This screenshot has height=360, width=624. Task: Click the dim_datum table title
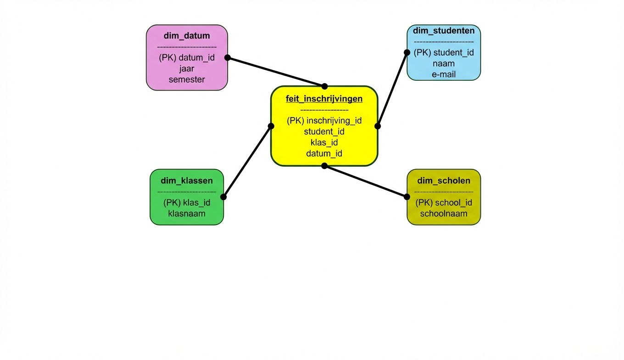(187, 36)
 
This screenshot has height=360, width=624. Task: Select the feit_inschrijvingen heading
(324, 99)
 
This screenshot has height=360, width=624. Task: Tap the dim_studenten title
(444, 31)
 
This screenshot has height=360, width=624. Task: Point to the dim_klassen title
(187, 180)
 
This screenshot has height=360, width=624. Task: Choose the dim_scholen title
(444, 180)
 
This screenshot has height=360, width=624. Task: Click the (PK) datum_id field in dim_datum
(187, 58)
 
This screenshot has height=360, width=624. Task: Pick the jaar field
(187, 69)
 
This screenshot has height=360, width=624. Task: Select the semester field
(187, 79)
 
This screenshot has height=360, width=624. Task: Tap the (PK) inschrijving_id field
(324, 121)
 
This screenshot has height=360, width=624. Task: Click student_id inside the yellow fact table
(324, 132)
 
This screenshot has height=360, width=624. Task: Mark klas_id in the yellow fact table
(324, 143)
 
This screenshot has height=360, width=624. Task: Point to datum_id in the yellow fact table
(324, 154)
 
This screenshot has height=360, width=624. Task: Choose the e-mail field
(444, 74)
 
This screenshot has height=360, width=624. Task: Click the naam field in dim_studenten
(444, 63)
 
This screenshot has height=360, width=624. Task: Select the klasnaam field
(187, 214)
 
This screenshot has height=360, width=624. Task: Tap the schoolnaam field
(444, 214)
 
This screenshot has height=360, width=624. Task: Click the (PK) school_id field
(444, 202)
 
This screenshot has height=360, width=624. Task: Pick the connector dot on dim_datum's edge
(227, 58)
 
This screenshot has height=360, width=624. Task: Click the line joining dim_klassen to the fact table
(247, 161)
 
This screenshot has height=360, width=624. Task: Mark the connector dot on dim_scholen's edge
(407, 197)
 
